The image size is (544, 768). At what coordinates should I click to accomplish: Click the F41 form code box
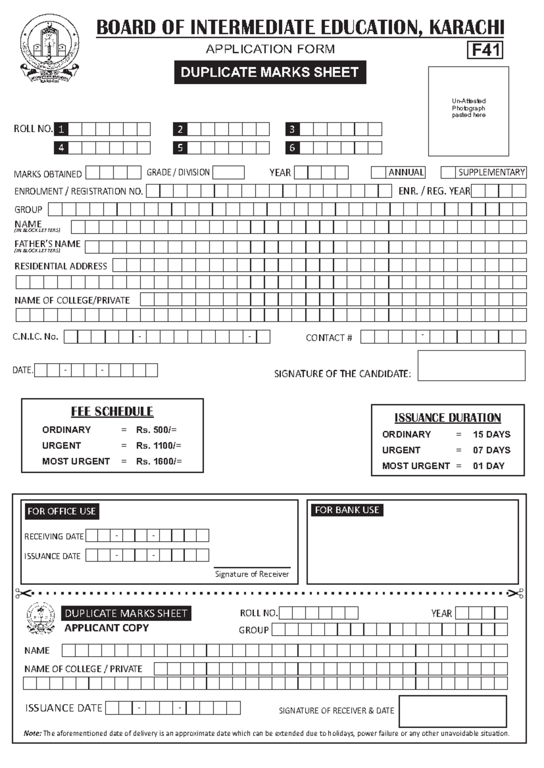(x=485, y=50)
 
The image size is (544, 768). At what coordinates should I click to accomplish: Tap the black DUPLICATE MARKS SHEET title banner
(x=270, y=72)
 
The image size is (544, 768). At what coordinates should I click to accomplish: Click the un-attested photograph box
(x=468, y=111)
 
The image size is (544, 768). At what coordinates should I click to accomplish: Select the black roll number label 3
(x=292, y=129)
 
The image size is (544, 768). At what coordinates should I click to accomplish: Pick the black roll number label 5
(x=180, y=148)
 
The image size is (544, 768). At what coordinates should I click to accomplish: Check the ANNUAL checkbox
(x=378, y=173)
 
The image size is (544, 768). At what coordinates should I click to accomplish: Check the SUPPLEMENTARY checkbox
(x=448, y=173)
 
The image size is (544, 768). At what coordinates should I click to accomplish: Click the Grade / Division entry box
(x=228, y=173)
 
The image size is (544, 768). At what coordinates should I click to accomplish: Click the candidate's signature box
(x=471, y=365)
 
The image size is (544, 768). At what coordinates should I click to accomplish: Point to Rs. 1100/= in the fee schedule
(x=158, y=446)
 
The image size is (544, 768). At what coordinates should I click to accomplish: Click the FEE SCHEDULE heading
(x=112, y=412)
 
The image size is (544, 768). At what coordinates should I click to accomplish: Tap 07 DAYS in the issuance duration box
(x=491, y=450)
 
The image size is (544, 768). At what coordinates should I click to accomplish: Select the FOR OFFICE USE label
(x=62, y=511)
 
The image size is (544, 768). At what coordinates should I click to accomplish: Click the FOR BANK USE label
(x=347, y=510)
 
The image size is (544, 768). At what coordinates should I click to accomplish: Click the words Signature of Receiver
(x=252, y=574)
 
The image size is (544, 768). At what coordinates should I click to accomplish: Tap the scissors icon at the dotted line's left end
(x=23, y=593)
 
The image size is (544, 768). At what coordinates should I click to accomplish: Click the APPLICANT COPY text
(x=107, y=628)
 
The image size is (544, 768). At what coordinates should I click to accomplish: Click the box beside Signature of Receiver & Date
(x=452, y=711)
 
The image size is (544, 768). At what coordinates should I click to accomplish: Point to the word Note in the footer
(x=32, y=733)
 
